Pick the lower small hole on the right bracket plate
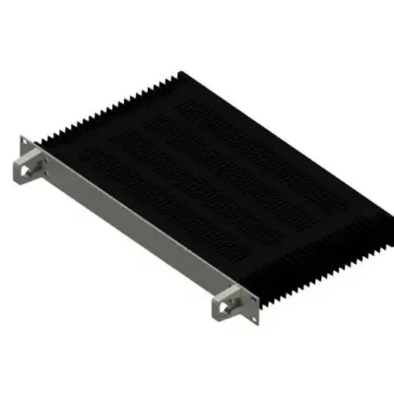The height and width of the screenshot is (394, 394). tap(239, 314)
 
